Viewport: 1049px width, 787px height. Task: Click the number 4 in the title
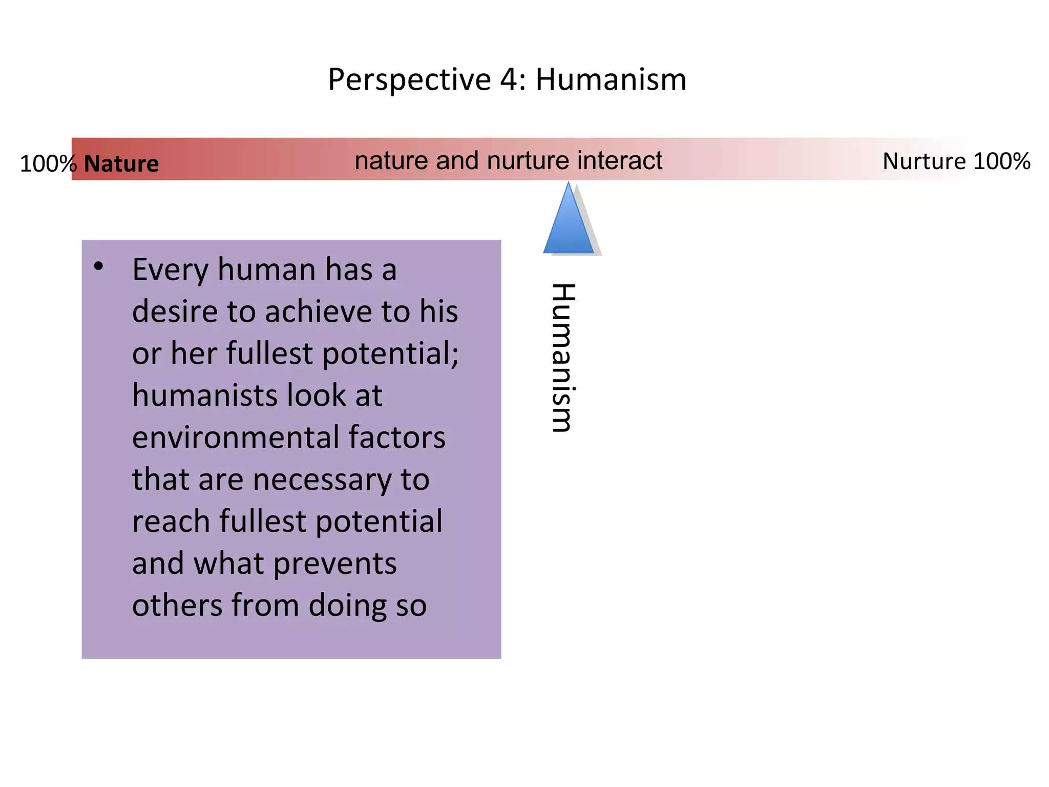point(509,79)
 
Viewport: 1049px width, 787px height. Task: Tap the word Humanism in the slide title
point(611,79)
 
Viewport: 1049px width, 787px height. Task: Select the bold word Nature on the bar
point(121,164)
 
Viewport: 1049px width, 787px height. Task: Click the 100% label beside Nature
point(48,164)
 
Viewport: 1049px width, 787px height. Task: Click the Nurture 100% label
point(956,161)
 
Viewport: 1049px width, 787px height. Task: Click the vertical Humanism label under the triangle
point(563,358)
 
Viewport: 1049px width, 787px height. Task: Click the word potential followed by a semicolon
point(390,354)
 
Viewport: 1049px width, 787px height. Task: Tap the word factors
point(397,438)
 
